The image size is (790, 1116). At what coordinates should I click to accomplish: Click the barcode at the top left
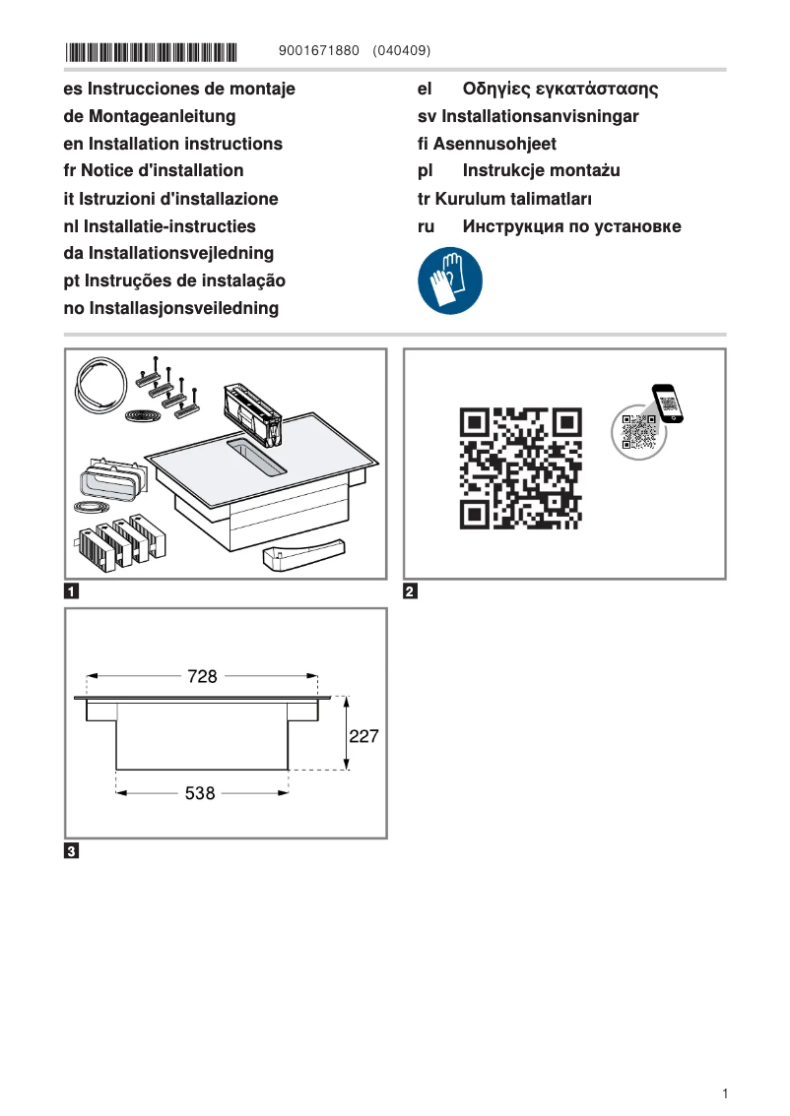152,50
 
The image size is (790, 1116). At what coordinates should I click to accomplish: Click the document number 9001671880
319,50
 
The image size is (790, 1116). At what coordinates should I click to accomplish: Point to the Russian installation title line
571,226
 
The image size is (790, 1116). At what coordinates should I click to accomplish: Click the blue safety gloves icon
450,280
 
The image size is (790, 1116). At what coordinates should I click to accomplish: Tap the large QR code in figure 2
521,467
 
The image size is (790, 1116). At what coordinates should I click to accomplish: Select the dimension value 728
202,677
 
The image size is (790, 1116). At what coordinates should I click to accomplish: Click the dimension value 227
363,736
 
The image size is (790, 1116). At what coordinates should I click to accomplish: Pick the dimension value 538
200,792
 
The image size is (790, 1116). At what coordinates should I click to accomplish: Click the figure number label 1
72,592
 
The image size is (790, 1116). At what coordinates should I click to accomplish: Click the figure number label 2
411,592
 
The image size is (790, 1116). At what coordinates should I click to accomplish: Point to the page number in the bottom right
724,1093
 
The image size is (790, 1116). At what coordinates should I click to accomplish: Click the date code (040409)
402,50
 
